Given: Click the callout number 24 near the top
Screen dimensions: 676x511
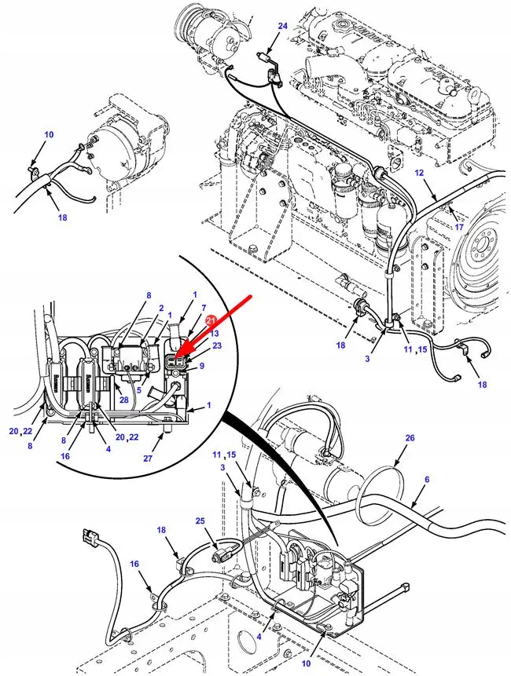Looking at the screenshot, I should pyautogui.click(x=283, y=26).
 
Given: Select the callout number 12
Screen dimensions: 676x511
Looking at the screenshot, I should pyautogui.click(x=419, y=173).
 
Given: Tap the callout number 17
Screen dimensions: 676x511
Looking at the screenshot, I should pyautogui.click(x=459, y=228).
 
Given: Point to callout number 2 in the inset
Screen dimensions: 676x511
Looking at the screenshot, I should pyautogui.click(x=160, y=309).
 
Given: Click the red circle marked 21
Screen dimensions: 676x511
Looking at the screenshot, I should pyautogui.click(x=211, y=320).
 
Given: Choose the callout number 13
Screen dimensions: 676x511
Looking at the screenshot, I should pyautogui.click(x=215, y=333).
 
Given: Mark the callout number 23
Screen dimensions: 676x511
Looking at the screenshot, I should pyautogui.click(x=217, y=345).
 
